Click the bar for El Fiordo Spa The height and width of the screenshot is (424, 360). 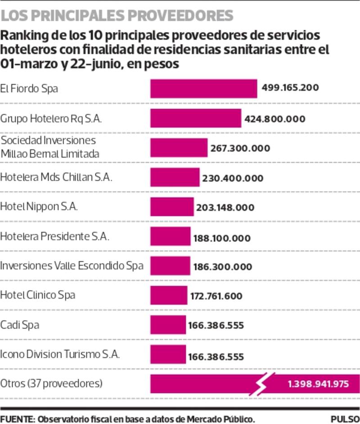pos(203,89)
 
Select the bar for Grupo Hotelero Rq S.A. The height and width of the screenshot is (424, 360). pos(196,119)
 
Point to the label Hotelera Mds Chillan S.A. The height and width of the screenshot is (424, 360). pos(56,177)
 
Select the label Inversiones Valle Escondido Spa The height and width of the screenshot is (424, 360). pos(72,265)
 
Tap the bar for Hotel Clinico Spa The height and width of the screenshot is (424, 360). pos(168,295)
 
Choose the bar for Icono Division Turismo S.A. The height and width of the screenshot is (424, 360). pos(167,354)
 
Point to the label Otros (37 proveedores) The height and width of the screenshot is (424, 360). pos(52,384)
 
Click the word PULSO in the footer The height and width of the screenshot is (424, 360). pos(344,419)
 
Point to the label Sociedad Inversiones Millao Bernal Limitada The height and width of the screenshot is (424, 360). pos(49,147)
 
